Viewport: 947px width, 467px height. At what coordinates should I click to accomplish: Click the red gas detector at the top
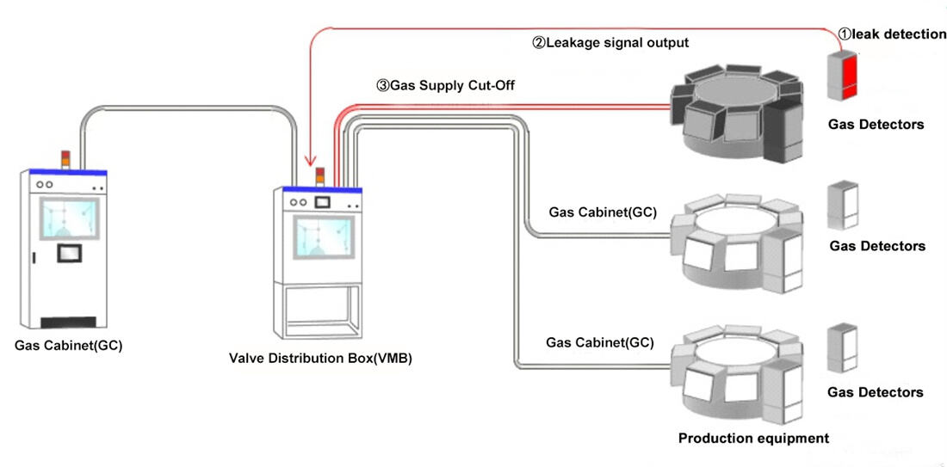point(844,77)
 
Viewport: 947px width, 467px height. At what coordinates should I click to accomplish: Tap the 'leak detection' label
point(892,34)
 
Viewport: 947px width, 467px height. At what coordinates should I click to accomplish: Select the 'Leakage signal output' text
point(610,42)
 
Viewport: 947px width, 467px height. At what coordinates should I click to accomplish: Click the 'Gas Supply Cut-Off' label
point(445,86)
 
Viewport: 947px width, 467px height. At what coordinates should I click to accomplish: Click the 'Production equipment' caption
point(753,439)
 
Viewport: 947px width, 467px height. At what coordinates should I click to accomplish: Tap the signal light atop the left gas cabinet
point(64,160)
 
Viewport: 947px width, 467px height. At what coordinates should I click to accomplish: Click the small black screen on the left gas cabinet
point(68,254)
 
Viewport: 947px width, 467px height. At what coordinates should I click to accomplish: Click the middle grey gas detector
point(840,206)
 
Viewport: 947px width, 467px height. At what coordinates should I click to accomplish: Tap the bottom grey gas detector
point(840,348)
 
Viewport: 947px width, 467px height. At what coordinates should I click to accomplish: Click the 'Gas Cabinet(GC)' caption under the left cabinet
point(68,347)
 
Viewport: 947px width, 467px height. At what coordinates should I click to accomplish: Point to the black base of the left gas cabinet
point(68,322)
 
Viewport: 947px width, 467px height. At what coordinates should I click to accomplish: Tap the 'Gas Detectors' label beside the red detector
point(876,125)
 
